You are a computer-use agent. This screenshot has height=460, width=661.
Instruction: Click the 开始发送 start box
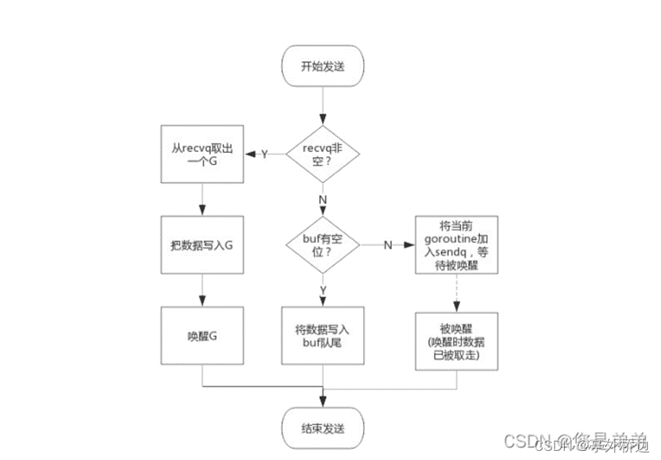coord(323,66)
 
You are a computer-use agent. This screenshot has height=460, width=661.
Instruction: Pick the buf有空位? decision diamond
coord(323,245)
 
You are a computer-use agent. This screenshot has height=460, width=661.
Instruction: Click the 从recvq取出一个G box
coord(203,154)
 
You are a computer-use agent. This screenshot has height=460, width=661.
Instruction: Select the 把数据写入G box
coord(203,245)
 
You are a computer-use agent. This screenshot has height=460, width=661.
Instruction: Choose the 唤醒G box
coord(203,336)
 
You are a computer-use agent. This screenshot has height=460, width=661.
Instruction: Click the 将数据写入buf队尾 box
coord(323,336)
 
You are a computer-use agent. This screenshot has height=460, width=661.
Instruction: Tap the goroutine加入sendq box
coord(456,245)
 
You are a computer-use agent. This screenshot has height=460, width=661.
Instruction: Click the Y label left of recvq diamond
coord(264,154)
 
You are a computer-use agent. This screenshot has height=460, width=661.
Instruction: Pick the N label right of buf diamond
coord(387,245)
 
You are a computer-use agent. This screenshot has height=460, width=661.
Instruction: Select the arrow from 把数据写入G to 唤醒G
coord(203,290)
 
